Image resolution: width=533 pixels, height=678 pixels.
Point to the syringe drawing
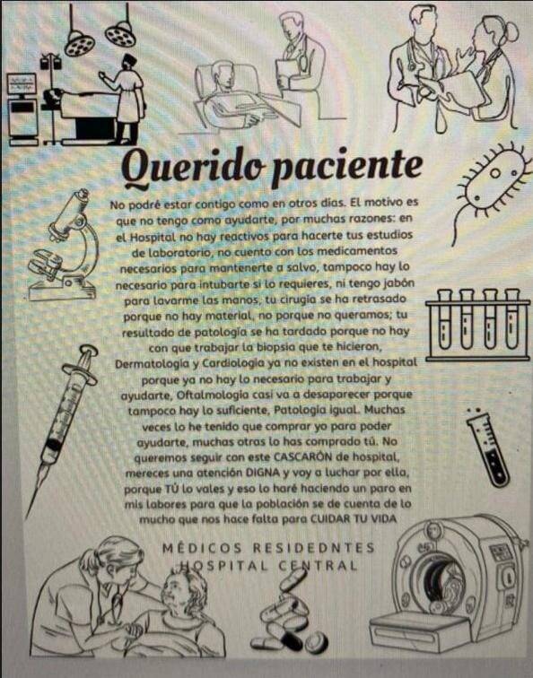61,429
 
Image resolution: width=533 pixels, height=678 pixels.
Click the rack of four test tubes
477,325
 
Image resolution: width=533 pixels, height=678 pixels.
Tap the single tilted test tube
488,448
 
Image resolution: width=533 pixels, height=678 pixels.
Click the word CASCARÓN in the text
299,456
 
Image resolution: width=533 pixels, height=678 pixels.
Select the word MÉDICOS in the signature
202,548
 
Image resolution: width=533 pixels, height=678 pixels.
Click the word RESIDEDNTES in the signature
314,548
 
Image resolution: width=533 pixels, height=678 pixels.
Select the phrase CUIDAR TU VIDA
354,519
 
